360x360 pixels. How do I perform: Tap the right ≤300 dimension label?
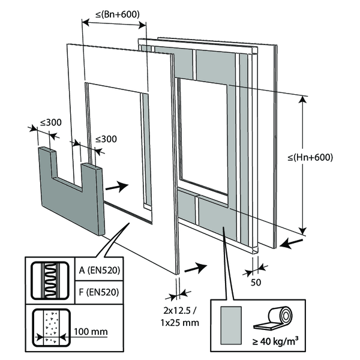(x=106, y=139)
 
